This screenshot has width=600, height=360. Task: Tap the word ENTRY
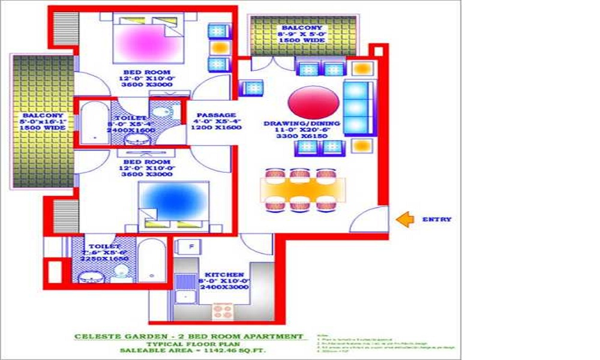(x=436, y=220)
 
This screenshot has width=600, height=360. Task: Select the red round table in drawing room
(x=313, y=101)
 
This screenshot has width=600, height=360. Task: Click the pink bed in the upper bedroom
(x=147, y=43)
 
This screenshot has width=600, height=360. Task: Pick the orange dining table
(x=302, y=190)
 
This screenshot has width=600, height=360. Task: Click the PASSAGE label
(x=216, y=115)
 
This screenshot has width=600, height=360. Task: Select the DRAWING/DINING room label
(x=302, y=124)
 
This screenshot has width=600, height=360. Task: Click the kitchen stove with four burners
(x=223, y=311)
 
